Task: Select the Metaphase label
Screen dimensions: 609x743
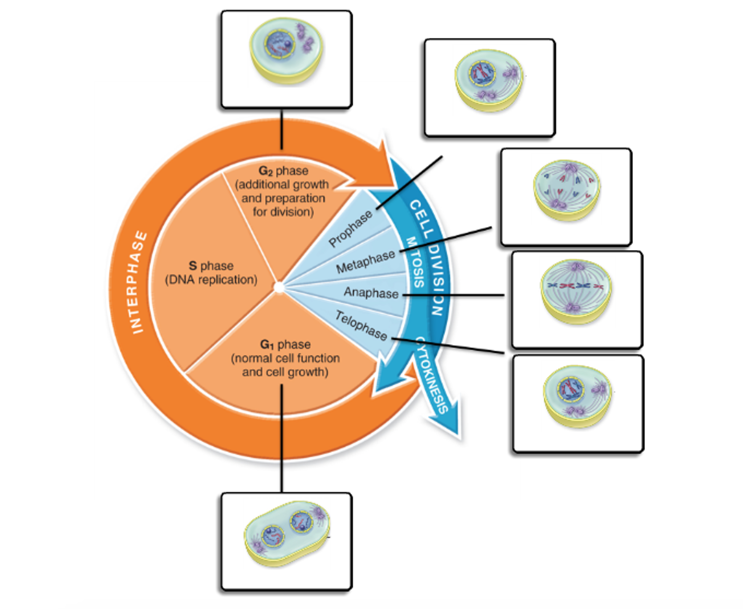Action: [365, 262]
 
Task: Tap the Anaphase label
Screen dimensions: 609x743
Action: [371, 293]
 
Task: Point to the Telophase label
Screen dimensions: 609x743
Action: [361, 326]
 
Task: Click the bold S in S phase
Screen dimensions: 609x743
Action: [193, 266]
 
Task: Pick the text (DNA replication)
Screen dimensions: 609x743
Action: [211, 280]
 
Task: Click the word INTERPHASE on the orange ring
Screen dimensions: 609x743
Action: [138, 282]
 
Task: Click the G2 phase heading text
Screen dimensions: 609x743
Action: [283, 171]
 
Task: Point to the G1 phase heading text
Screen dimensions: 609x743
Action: [285, 344]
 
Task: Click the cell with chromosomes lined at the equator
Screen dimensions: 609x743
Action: [576, 291]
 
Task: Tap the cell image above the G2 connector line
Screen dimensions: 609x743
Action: [287, 51]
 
